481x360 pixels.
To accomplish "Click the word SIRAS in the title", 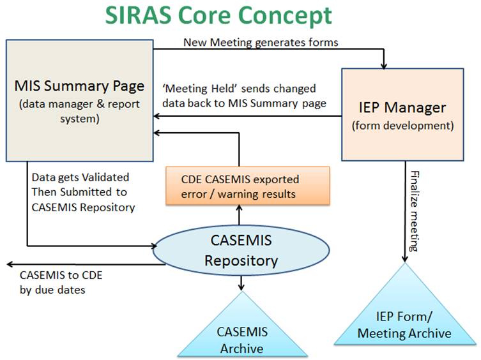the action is [139, 15].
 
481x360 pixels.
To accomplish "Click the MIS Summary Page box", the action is [80, 101].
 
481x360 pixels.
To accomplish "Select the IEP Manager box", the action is [402, 114].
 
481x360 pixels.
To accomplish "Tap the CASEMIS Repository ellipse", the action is [241, 250].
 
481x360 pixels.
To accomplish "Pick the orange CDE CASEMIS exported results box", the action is [248, 186].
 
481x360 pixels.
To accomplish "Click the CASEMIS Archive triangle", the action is [242, 325].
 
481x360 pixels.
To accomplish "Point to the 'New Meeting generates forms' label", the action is [261, 42].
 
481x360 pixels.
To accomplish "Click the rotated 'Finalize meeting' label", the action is [415, 211].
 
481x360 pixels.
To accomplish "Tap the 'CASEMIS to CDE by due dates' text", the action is [61, 282].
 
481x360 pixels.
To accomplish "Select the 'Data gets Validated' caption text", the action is [80, 177].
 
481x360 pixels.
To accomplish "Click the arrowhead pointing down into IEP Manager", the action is [384, 66].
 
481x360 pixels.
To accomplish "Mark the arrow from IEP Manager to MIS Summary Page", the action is [248, 116].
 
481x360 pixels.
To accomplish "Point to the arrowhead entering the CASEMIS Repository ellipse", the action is [154, 246].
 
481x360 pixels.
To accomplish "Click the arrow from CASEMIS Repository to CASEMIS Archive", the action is [241, 283].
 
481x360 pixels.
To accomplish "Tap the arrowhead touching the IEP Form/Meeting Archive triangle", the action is [405, 259].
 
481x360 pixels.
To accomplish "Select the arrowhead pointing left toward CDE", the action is [10, 264].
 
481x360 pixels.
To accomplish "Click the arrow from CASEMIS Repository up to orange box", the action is [240, 215].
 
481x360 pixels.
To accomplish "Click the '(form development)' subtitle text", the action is [403, 126].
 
